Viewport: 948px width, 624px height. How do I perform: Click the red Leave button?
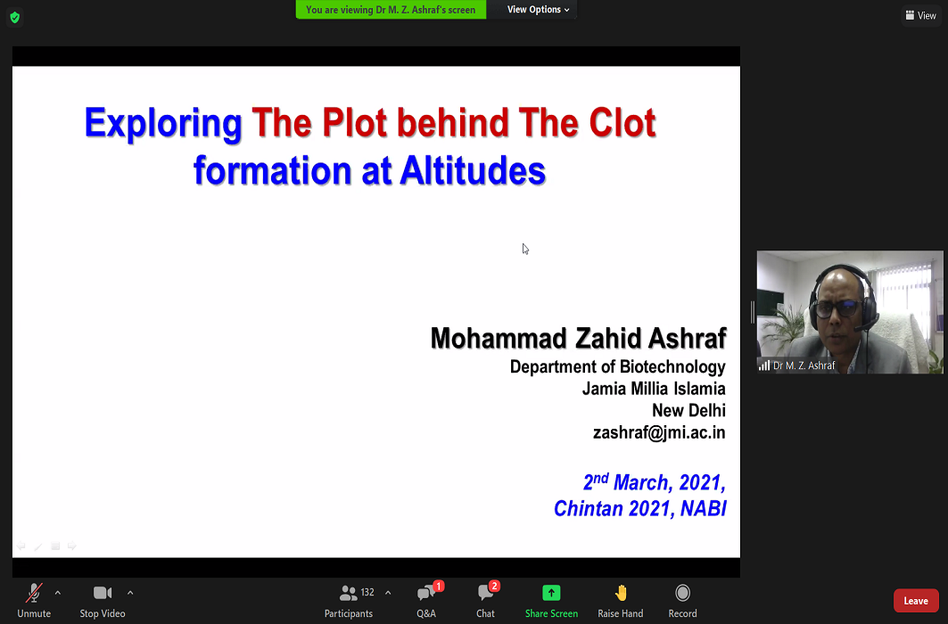(915, 601)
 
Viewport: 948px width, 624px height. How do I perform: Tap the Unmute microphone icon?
(34, 593)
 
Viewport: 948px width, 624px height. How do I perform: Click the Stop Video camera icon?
(103, 593)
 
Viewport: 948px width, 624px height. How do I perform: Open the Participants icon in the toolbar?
(348, 593)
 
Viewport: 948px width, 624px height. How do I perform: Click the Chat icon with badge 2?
(485, 593)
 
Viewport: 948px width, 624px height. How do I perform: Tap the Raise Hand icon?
(621, 593)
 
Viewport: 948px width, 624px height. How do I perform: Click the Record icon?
(682, 593)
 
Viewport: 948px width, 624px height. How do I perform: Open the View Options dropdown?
(538, 10)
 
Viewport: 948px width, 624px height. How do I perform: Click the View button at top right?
(920, 16)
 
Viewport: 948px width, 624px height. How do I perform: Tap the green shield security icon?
(15, 18)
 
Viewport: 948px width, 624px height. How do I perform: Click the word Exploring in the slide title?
(163, 124)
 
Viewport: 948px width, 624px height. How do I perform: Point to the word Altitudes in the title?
(473, 170)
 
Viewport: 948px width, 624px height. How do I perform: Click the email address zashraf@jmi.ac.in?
(659, 432)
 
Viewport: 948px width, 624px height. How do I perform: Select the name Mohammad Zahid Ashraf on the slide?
(578, 338)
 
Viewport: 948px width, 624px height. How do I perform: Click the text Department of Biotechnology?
(617, 366)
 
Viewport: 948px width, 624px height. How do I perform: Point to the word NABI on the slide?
(703, 509)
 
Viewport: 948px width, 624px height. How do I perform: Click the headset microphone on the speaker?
(865, 326)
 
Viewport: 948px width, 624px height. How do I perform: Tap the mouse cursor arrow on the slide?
(525, 249)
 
